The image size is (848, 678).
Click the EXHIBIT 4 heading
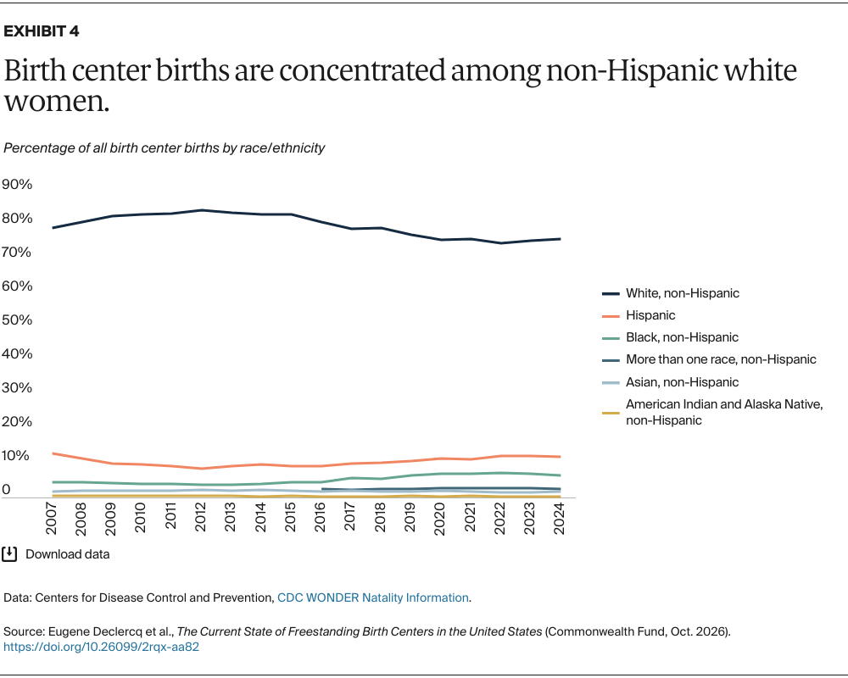pyautogui.click(x=41, y=31)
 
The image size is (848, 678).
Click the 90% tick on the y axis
pyautogui.click(x=17, y=185)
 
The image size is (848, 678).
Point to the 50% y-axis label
pyautogui.click(x=17, y=320)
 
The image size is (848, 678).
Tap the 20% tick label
pyautogui.click(x=17, y=422)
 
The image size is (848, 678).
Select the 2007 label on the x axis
pyautogui.click(x=52, y=519)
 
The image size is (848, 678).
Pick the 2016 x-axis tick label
pyautogui.click(x=321, y=518)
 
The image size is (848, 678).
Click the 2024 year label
pyautogui.click(x=560, y=519)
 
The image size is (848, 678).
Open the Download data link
pyautogui.click(x=68, y=554)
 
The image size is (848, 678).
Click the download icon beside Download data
pyautogui.click(x=9, y=554)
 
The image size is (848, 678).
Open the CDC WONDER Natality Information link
pyautogui.click(x=372, y=597)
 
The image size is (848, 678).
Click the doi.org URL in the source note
pyautogui.click(x=101, y=647)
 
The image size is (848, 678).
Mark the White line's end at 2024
pyautogui.click(x=560, y=239)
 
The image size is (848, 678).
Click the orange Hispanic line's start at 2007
pyautogui.click(x=53, y=453)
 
